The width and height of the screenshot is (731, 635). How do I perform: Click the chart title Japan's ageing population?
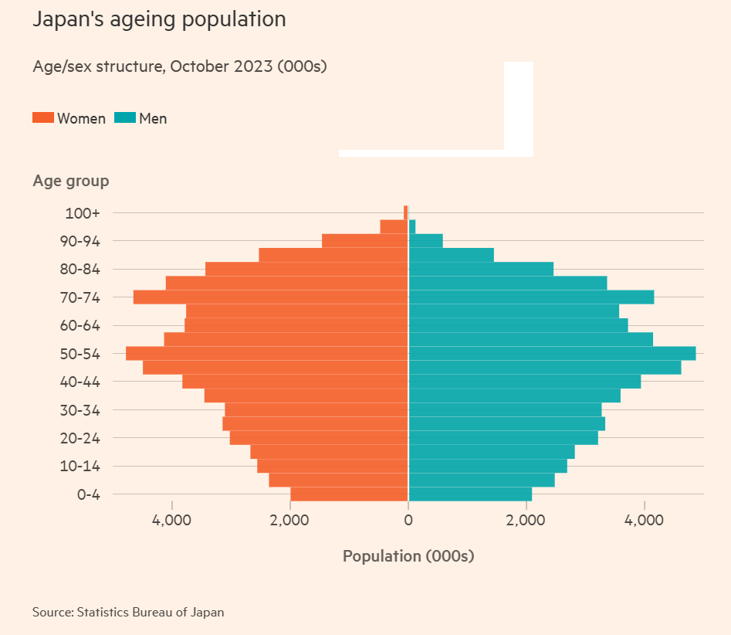[159, 19]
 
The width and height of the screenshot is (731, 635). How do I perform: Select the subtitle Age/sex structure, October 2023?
[180, 66]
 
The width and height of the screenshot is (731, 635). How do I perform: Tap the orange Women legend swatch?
[43, 118]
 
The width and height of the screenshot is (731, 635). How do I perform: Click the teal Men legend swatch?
[125, 118]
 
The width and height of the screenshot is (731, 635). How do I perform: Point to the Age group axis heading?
[71, 181]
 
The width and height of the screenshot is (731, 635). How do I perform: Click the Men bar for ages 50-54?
[551, 353]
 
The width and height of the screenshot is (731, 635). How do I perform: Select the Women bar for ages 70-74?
[270, 297]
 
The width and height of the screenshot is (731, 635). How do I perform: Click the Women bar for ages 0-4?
[349, 494]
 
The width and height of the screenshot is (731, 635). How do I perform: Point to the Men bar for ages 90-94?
[425, 241]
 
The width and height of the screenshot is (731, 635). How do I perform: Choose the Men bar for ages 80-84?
[480, 269]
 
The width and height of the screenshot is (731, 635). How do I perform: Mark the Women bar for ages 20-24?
[318, 438]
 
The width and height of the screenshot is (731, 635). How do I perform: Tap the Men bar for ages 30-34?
[504, 409]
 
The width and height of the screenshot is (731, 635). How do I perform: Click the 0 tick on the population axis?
[408, 521]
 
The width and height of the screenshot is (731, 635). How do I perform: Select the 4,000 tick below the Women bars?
[171, 521]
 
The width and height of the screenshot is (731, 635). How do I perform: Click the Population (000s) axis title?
[408, 556]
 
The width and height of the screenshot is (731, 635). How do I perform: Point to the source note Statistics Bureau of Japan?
[128, 612]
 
